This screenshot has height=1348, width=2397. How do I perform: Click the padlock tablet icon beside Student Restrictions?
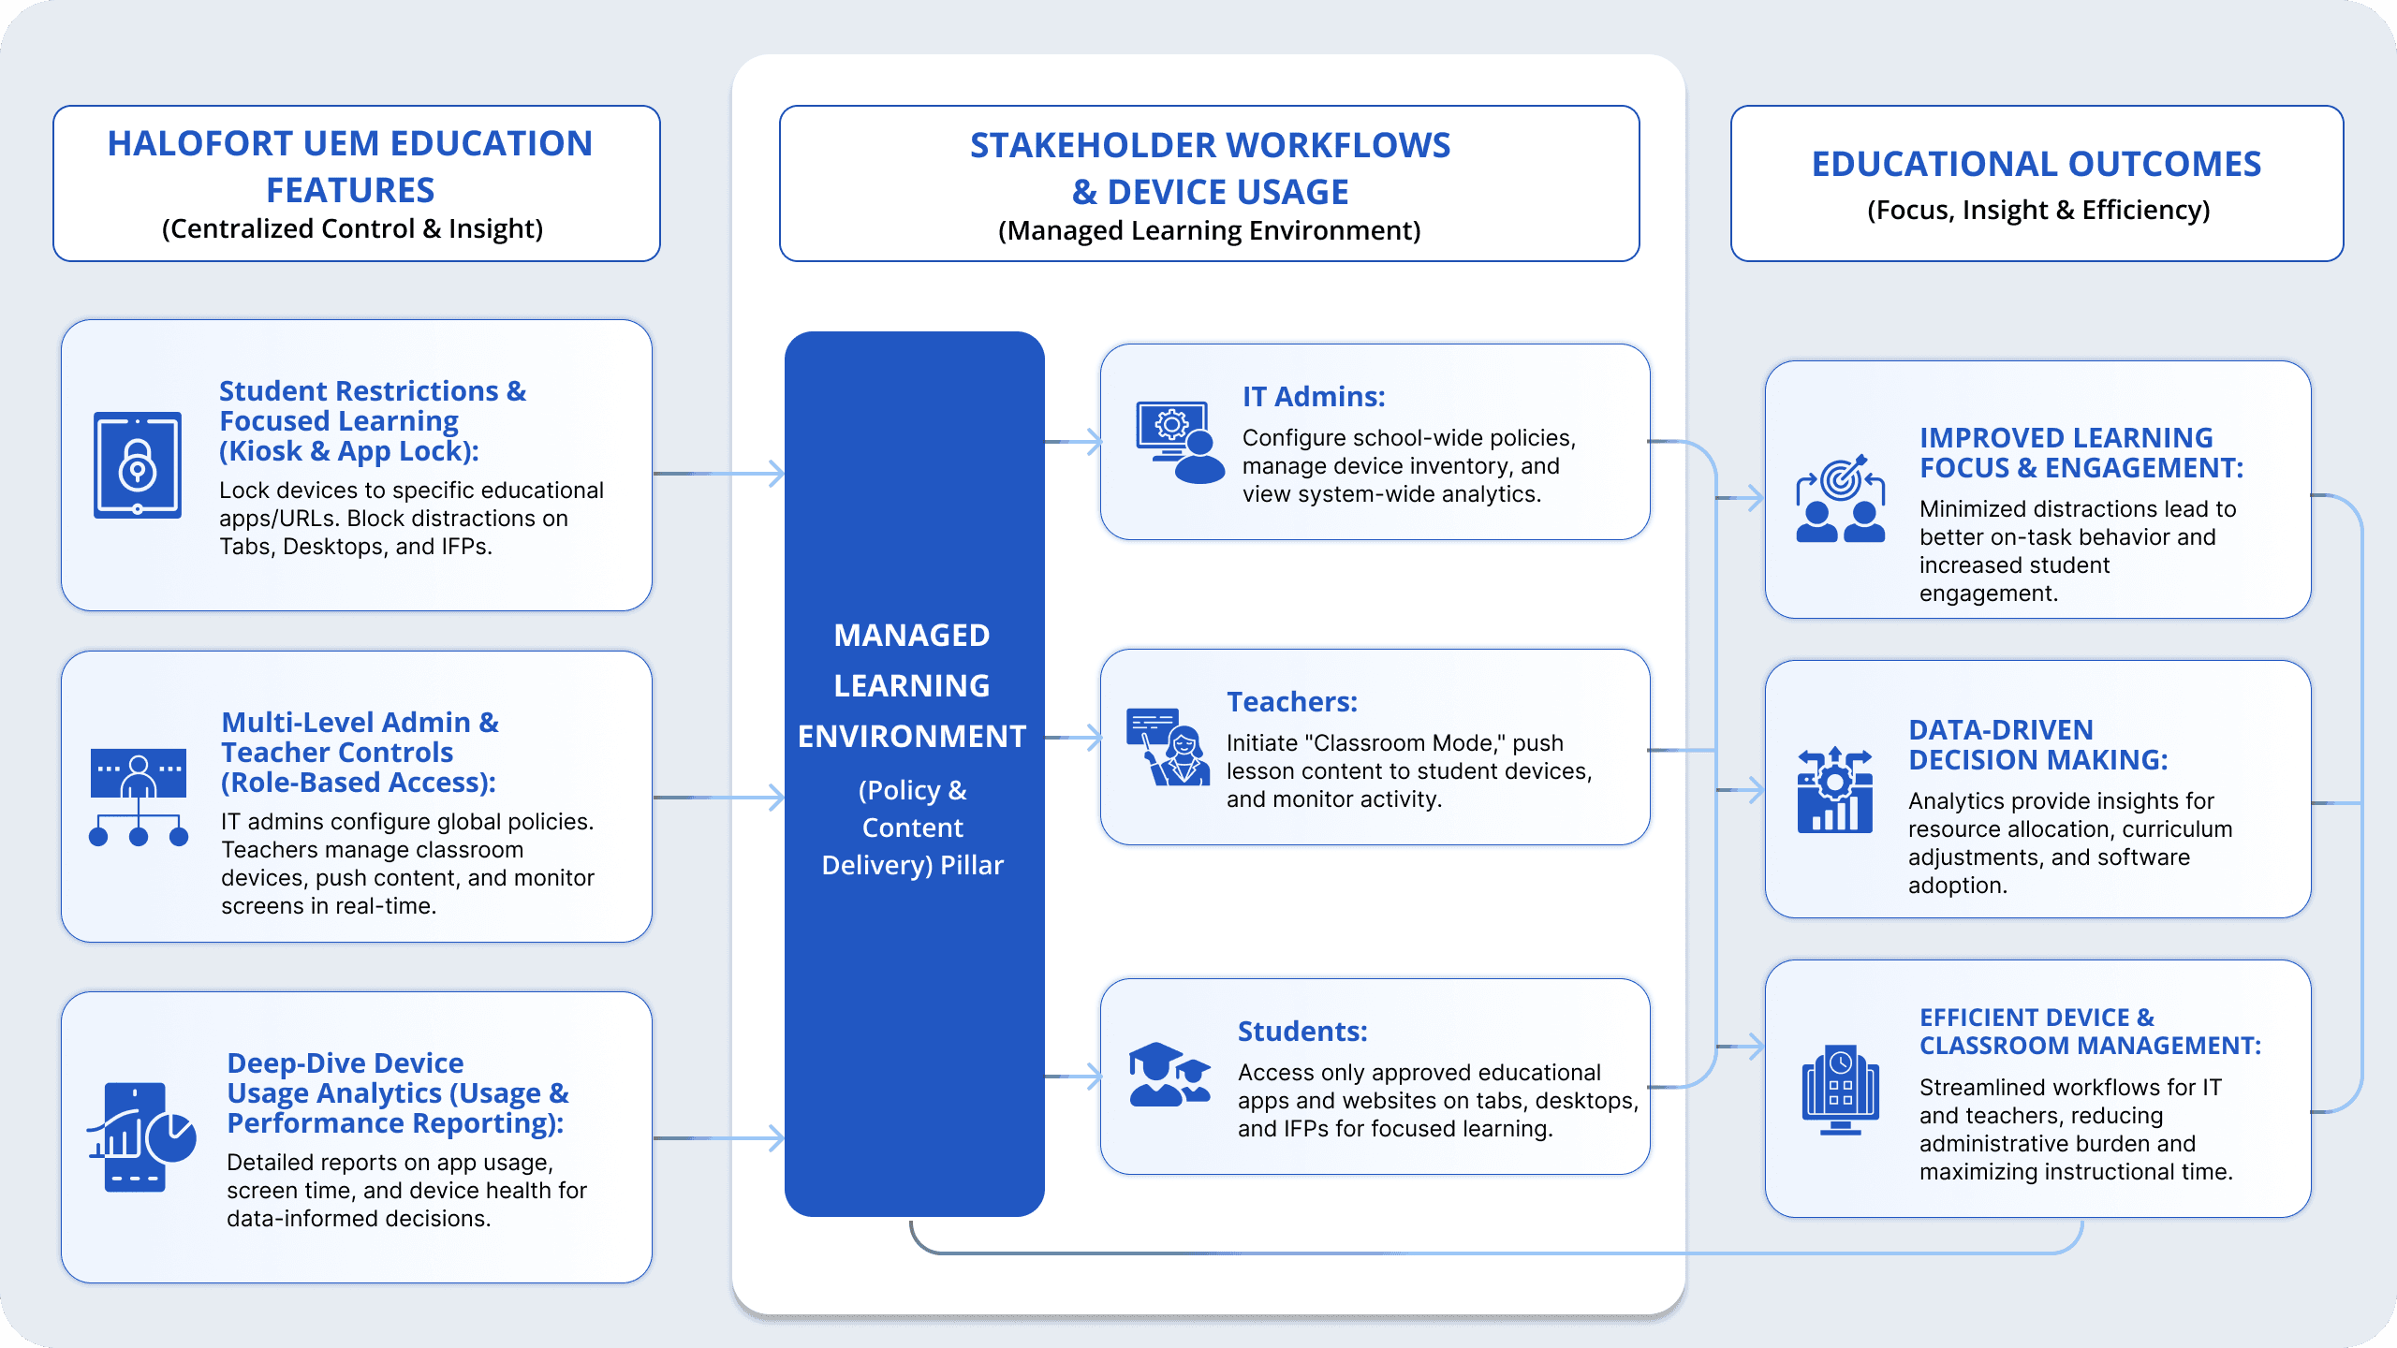pos(138,464)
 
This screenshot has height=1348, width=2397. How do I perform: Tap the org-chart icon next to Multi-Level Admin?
pos(139,797)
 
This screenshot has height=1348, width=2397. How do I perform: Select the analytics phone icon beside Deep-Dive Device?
pos(140,1136)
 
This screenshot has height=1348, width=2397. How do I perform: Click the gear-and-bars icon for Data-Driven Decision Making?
pos(1834,790)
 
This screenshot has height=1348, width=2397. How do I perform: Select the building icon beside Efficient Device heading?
pos(1840,1090)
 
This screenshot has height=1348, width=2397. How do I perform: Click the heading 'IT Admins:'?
pos(1313,397)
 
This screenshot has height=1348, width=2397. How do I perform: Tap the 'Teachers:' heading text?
pos(1291,702)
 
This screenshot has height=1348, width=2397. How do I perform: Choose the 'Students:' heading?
pos(1301,1032)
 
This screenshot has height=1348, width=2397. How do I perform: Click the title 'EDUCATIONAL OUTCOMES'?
pos(2036,164)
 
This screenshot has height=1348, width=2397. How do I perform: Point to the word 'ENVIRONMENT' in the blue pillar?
pos(912,737)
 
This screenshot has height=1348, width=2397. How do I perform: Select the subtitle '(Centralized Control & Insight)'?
pos(352,229)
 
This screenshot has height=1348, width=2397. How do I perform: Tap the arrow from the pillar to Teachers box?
pos(1073,738)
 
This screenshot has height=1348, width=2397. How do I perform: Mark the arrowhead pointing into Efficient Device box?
pos(1753,1046)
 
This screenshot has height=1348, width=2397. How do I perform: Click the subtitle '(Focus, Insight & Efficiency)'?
pos(2037,211)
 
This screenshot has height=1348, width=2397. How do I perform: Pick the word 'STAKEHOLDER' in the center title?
pos(1093,146)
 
